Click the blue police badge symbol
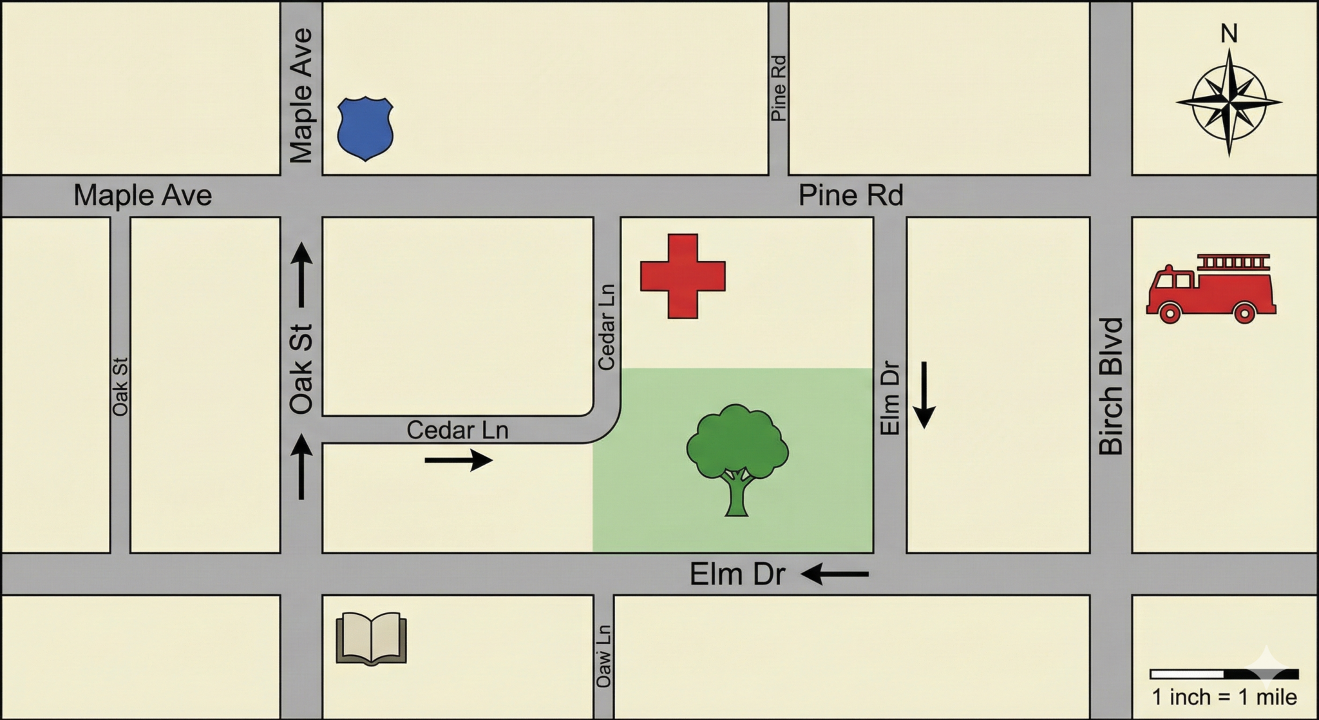(365, 128)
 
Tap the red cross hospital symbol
(683, 276)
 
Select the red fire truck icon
(1211, 288)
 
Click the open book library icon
(372, 638)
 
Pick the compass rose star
(1229, 102)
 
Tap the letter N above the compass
(1229, 34)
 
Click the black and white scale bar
(1224, 674)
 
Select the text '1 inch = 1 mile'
(1224, 697)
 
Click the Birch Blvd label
(1111, 387)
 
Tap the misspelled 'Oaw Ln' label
(603, 656)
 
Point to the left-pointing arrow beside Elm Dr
(835, 573)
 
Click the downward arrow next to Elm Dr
(924, 395)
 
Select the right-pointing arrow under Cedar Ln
(459, 460)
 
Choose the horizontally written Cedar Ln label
(457, 430)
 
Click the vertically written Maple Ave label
(301, 95)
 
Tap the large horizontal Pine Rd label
(851, 195)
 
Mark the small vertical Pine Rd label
(779, 88)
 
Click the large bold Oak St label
(301, 369)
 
